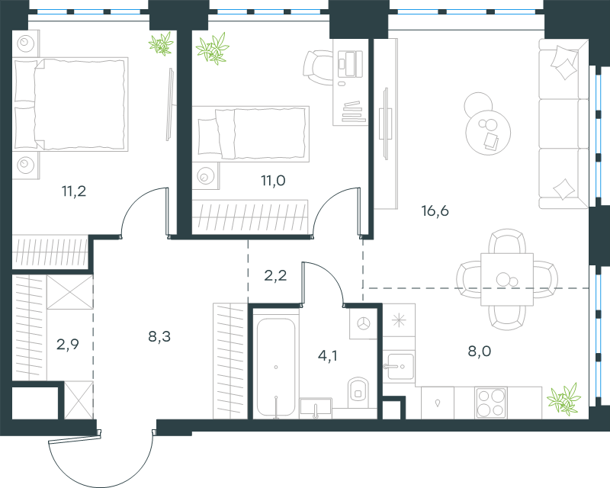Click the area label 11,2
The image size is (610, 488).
(x=74, y=191)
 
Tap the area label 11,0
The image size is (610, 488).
(x=273, y=181)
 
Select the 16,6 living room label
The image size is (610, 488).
(x=435, y=210)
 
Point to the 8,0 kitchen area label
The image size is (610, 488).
(x=480, y=351)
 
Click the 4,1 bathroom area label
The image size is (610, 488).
(x=328, y=355)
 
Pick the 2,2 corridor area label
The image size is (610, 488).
(x=275, y=275)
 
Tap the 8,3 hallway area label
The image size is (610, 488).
(x=159, y=336)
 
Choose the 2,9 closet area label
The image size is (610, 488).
(x=68, y=344)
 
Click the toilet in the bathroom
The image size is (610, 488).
(x=358, y=392)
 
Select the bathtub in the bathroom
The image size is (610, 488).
(x=276, y=368)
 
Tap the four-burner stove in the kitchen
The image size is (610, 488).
(x=490, y=403)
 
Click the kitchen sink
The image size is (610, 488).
(x=399, y=366)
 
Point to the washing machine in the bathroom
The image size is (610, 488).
(x=364, y=323)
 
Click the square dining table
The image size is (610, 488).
(x=507, y=279)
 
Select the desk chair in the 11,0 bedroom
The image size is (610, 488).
(x=318, y=67)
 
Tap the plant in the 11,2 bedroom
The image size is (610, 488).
(x=161, y=43)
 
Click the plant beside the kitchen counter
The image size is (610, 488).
(x=563, y=398)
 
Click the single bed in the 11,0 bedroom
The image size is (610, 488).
(x=251, y=134)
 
